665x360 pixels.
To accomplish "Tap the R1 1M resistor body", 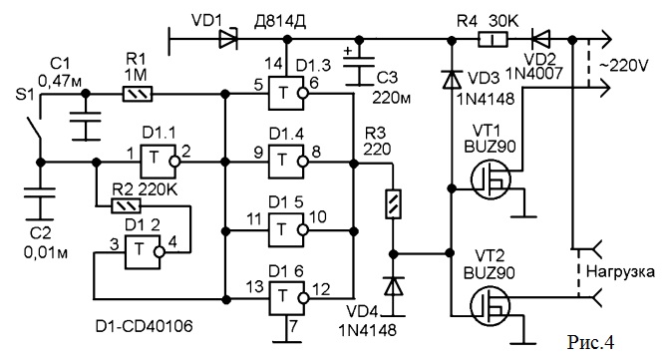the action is click(x=138, y=94).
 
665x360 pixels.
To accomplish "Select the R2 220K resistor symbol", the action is click(x=126, y=206).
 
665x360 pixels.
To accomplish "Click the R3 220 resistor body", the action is click(x=393, y=204).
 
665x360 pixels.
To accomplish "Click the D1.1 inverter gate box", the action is click(x=158, y=162).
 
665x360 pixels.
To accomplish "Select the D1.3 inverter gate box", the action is click(x=286, y=94).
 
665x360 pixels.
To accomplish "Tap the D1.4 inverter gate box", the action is click(x=286, y=162).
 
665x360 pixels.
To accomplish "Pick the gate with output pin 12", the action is click(x=286, y=298).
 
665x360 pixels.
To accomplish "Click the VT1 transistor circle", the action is click(x=491, y=180).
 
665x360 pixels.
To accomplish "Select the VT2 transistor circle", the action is click(x=491, y=306).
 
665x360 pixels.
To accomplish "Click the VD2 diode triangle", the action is click(x=540, y=40).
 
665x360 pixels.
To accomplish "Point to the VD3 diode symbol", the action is click(x=452, y=80).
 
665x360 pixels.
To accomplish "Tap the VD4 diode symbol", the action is click(x=394, y=286).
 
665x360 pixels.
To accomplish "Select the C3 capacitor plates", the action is click(x=359, y=63).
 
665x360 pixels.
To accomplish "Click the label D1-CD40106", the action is click(x=145, y=326).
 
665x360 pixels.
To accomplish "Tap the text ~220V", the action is click(x=623, y=66).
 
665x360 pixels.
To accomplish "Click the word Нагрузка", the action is click(x=620, y=271).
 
